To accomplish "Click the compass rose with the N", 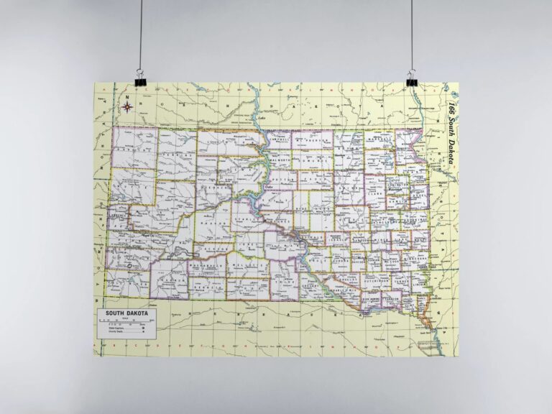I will (x=127, y=107).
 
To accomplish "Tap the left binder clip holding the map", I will (x=137, y=75).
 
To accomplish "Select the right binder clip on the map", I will (x=412, y=77).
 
